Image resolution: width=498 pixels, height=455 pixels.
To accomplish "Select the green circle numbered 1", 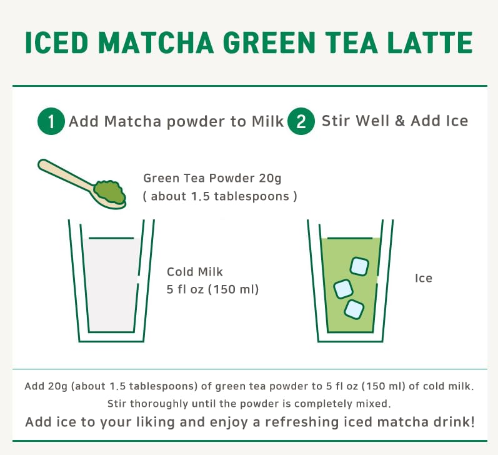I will pos(51,121).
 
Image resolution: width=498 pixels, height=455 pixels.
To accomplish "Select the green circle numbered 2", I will pos(301,121).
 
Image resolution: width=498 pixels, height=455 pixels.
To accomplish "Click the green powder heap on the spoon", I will pos(107,189).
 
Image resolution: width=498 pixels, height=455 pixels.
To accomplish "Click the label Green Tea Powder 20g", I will pos(212,178).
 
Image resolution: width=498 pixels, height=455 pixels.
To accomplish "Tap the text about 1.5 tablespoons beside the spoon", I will pos(219,196).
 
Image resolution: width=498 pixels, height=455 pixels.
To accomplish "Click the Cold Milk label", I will pos(194,272).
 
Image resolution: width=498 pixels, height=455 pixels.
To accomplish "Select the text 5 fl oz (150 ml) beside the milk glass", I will pos(212,289).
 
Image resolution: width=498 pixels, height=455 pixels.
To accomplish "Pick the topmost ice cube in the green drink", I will pos(359,266).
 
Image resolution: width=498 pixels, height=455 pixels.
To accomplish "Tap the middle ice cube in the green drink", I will pos(343,288).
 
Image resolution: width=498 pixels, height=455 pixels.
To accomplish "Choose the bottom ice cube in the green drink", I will pos(354,308).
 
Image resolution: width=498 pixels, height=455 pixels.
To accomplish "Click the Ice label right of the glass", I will pos(423,278).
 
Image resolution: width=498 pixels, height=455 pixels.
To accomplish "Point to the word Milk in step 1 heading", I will pos(268,121).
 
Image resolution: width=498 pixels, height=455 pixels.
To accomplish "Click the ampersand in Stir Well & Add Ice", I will pos(400,121).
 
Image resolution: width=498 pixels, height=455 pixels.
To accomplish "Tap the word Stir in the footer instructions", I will pos(119,404).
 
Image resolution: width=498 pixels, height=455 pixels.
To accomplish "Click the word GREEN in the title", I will pos(281,42).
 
